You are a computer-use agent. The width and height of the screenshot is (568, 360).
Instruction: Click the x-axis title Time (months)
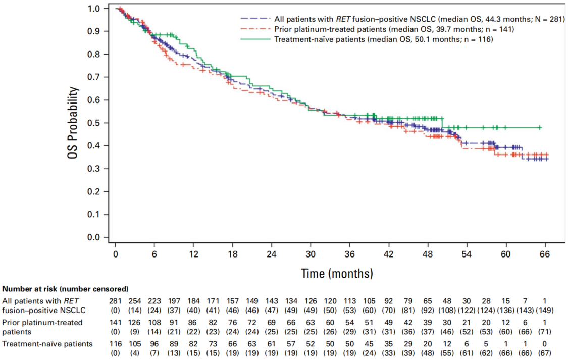point(337,274)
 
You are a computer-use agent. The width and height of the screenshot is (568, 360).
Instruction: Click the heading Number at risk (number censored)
point(66,289)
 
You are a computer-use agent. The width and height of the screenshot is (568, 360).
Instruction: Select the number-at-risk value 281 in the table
point(116,301)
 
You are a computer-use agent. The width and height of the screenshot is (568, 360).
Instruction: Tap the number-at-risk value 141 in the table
point(116,322)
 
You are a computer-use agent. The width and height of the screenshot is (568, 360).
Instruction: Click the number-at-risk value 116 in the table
point(116,344)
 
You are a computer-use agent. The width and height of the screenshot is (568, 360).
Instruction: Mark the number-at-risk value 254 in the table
point(135,301)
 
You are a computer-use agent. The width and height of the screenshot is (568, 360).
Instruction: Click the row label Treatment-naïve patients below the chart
point(48,344)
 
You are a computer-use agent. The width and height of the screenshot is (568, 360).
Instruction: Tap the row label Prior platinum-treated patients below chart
point(42,326)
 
